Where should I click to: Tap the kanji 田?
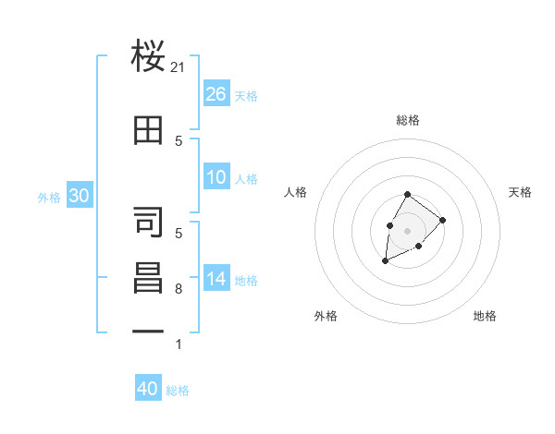pyautogui.click(x=149, y=130)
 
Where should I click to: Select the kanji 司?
pyautogui.click(x=149, y=223)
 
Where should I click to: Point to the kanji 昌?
pyautogui.click(x=149, y=278)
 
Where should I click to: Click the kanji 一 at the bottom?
pyautogui.click(x=149, y=331)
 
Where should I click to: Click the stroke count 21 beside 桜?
pyautogui.click(x=179, y=66)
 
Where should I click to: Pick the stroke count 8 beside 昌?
pyautogui.click(x=179, y=289)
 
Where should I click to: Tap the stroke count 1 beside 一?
pyautogui.click(x=179, y=344)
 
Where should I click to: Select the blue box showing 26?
pyautogui.click(x=216, y=94)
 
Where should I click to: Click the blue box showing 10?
pyautogui.click(x=216, y=177)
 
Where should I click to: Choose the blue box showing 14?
pyautogui.click(x=216, y=279)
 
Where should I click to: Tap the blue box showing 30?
pyautogui.click(x=79, y=195)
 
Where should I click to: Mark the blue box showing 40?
pyautogui.click(x=148, y=389)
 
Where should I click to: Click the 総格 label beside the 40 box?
pyautogui.click(x=178, y=391)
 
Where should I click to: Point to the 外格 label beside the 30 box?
pyautogui.click(x=48, y=197)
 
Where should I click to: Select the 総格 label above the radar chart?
pyautogui.click(x=407, y=120)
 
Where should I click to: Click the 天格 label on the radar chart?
pyautogui.click(x=520, y=192)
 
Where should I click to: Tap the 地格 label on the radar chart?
pyautogui.click(x=485, y=316)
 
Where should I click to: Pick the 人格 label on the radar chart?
pyautogui.click(x=295, y=192)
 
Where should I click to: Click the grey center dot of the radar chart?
pyautogui.click(x=407, y=229)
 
